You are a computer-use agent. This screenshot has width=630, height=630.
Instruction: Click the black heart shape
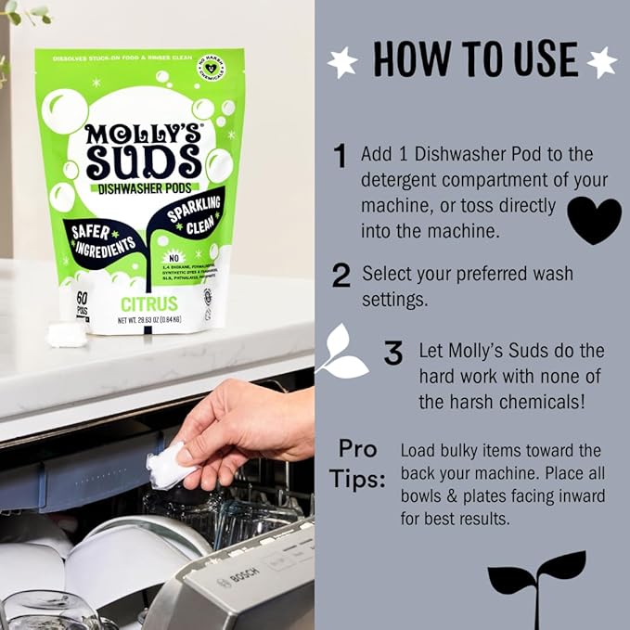pos(594,220)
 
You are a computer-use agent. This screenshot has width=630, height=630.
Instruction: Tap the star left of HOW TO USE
pos(342,62)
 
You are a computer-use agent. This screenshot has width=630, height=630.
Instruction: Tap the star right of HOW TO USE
pos(602,62)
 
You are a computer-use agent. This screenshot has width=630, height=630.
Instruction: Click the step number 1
pos(341,157)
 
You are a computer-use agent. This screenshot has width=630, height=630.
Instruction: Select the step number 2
pos(341,276)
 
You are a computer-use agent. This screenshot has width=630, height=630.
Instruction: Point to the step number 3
pos(393,353)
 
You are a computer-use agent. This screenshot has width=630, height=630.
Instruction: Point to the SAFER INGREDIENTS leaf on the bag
pos(99,238)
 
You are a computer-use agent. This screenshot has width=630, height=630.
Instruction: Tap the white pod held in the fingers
pos(172,465)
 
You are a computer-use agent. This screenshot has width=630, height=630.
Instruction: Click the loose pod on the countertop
pos(67,335)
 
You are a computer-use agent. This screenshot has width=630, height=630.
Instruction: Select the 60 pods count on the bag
pos(82,302)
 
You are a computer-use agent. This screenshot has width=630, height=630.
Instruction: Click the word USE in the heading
pos(533,59)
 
